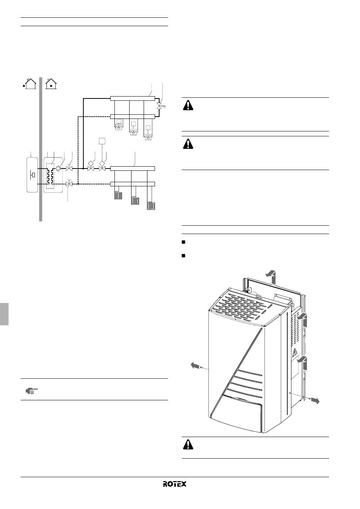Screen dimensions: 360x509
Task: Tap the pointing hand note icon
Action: [31, 391]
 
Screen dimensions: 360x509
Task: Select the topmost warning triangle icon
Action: [188, 105]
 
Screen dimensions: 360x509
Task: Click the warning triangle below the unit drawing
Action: [188, 445]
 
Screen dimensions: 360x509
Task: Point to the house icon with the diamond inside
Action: [51, 84]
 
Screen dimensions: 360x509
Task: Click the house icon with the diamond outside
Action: [30, 84]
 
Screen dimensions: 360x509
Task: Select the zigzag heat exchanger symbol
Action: [50, 176]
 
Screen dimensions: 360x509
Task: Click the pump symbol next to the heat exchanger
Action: [58, 169]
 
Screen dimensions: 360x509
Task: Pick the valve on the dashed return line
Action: [69, 183]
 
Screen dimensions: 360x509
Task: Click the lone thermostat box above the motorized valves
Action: [102, 141]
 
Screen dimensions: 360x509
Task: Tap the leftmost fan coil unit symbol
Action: [119, 127]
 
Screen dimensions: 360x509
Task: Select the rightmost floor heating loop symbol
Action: [151, 206]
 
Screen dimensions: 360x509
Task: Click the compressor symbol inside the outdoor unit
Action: [33, 175]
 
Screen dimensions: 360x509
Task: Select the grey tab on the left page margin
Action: [4, 314]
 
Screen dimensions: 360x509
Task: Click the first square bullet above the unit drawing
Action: [183, 242]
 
